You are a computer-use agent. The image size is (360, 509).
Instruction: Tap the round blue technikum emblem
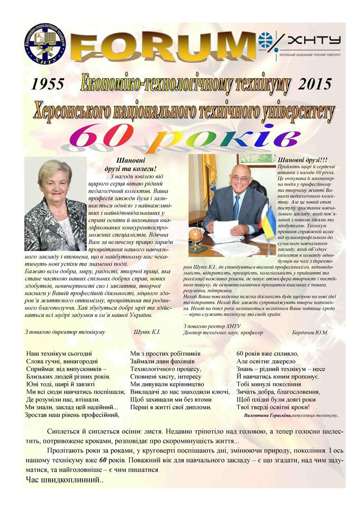click(46, 44)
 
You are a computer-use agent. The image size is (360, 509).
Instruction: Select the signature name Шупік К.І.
click(148, 332)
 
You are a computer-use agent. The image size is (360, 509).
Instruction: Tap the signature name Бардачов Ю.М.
click(310, 332)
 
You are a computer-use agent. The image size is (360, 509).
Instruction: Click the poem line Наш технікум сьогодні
click(59, 353)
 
